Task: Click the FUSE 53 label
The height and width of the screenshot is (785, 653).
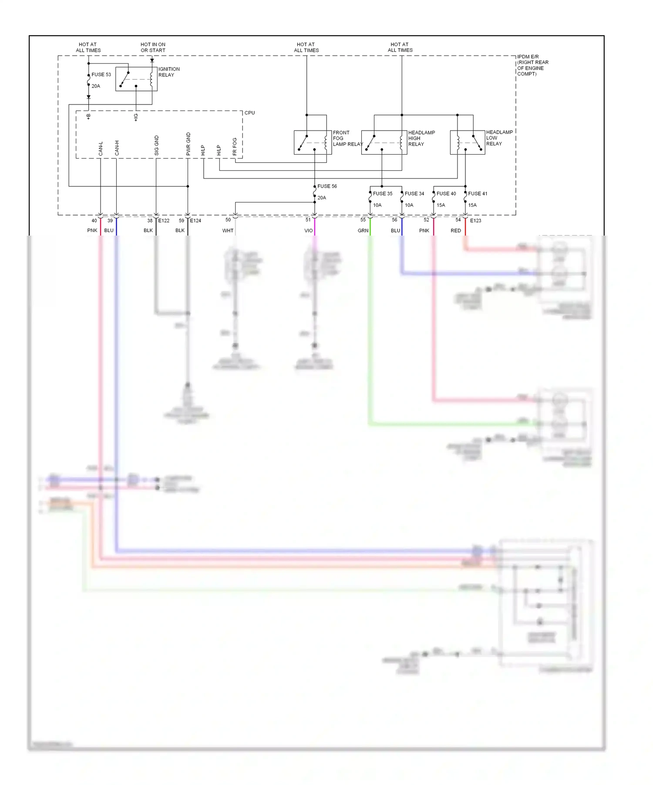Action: [101, 74]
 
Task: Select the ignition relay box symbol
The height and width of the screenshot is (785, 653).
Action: [136, 79]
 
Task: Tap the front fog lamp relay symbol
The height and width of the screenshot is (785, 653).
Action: [313, 142]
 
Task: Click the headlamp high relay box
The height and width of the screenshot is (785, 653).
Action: [384, 142]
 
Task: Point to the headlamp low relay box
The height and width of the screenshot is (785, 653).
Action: [467, 142]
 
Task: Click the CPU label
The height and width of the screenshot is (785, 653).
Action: [249, 113]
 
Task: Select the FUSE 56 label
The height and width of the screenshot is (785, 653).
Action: [327, 186]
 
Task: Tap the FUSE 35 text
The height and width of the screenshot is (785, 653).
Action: [382, 194]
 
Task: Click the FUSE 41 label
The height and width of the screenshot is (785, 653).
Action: [478, 194]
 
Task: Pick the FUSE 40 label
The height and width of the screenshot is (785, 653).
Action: [446, 194]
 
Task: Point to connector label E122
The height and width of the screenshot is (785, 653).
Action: [164, 221]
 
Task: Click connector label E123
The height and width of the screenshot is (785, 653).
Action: [475, 221]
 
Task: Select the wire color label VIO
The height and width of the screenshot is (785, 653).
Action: [308, 231]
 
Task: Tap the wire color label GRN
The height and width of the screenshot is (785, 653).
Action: [363, 231]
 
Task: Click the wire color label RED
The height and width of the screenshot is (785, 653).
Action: [455, 231]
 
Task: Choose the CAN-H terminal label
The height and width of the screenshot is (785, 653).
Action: [117, 148]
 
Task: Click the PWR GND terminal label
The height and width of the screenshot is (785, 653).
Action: [188, 144]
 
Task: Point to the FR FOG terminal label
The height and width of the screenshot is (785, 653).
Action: [235, 147]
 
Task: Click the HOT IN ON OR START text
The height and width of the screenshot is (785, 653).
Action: [153, 47]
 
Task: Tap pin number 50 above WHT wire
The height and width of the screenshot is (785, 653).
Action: [228, 220]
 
